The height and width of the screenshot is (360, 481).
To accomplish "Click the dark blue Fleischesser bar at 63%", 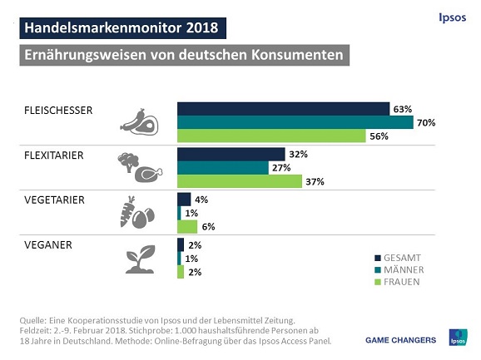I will click(283, 109).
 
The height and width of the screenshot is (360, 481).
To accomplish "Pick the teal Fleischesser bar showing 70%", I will click(295, 123).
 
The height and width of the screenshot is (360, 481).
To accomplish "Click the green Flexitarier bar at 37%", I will click(240, 182).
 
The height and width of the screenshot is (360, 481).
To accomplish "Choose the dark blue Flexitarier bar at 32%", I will click(231, 154).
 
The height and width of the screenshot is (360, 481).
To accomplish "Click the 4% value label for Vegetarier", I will click(201, 200).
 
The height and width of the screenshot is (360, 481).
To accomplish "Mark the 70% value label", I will click(427, 123).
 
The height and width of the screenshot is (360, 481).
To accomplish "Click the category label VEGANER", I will click(47, 244).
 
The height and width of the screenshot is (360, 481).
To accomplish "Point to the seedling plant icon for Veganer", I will click(137, 259).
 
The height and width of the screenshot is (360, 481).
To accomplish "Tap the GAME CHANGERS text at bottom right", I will click(401, 339).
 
